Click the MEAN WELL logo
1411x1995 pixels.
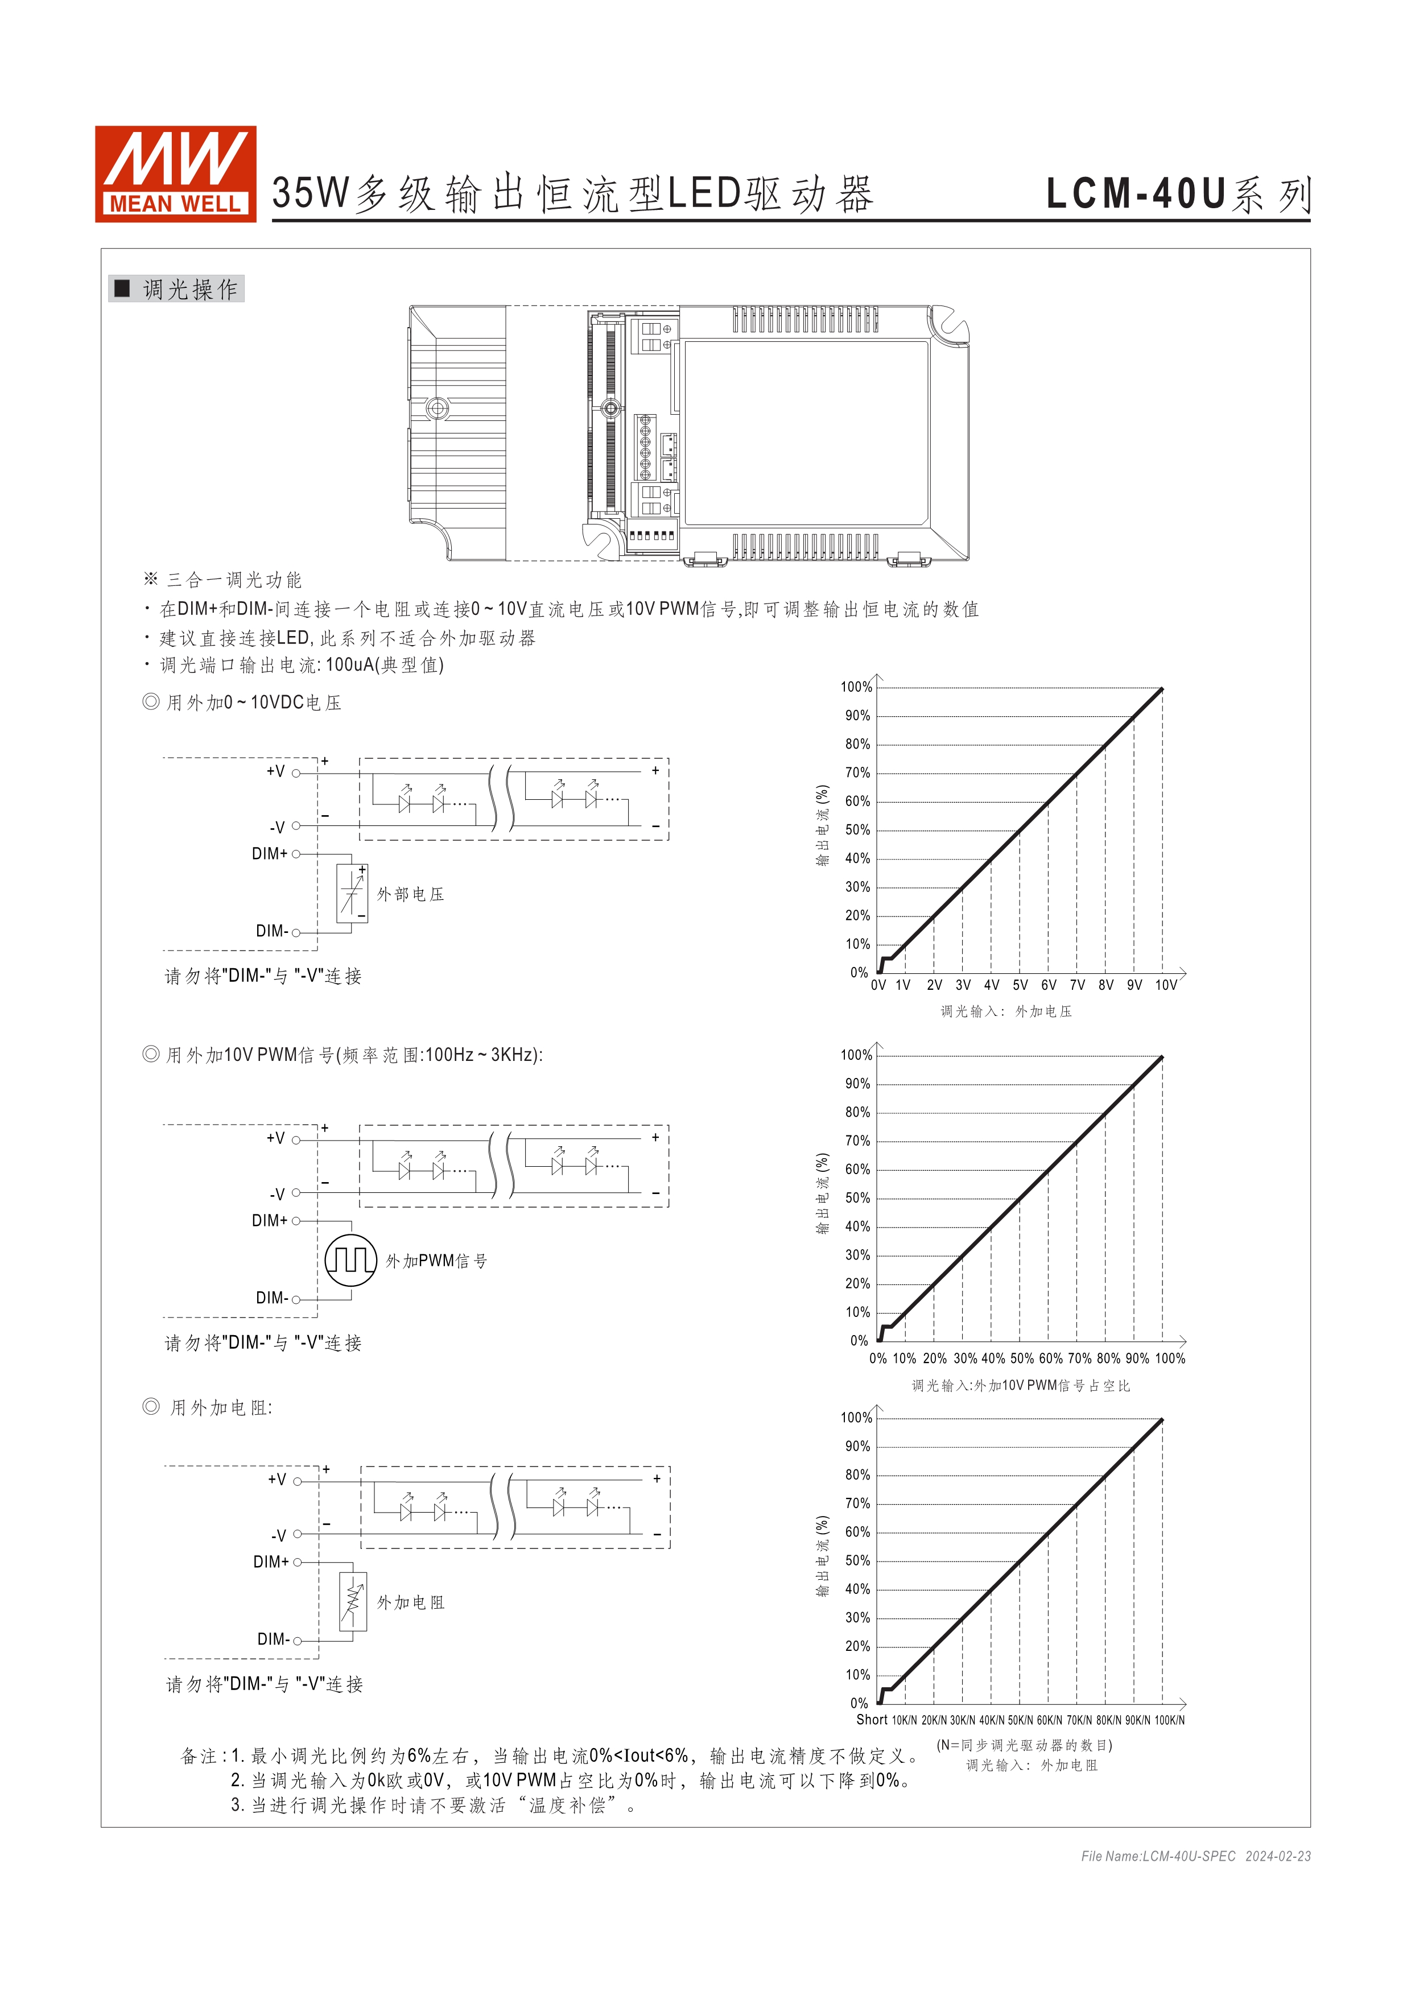point(175,174)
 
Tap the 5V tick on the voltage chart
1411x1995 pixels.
point(1020,985)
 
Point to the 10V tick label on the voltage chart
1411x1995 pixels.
point(1165,985)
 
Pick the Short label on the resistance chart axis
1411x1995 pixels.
point(872,1720)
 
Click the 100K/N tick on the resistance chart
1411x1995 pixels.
point(1169,1720)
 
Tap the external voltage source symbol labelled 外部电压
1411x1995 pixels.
point(352,893)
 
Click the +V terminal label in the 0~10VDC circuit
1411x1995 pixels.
point(275,771)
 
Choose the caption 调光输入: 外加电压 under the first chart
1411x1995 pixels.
point(1005,1011)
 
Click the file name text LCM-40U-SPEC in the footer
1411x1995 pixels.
point(1188,1856)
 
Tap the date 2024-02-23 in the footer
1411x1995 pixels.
point(1277,1856)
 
